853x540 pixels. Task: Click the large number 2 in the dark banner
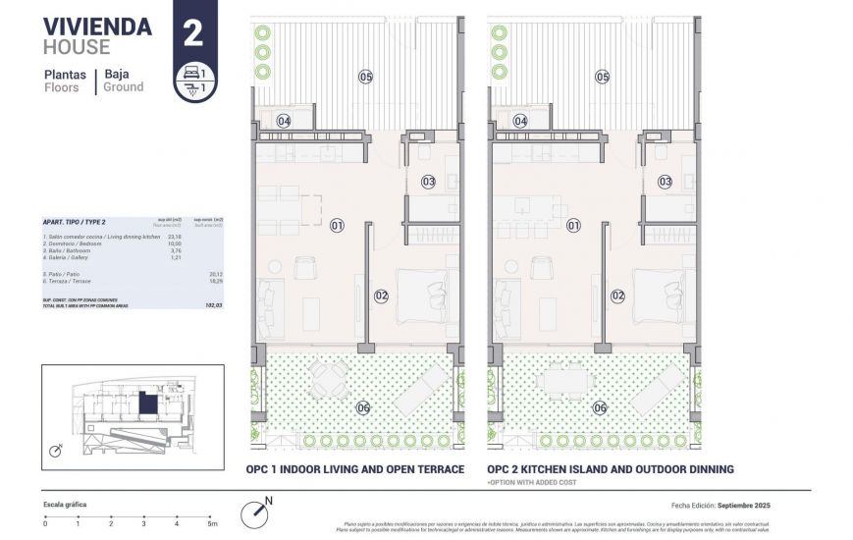pyautogui.click(x=192, y=33)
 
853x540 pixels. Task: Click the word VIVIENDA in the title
pyautogui.click(x=97, y=27)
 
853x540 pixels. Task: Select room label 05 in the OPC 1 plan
pyautogui.click(x=366, y=77)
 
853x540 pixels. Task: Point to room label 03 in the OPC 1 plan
pyautogui.click(x=428, y=182)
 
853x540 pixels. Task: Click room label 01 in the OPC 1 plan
pyautogui.click(x=338, y=226)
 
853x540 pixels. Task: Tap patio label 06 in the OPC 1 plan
pyautogui.click(x=362, y=408)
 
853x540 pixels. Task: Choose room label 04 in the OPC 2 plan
pyautogui.click(x=520, y=122)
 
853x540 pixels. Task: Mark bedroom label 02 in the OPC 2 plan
pyautogui.click(x=618, y=295)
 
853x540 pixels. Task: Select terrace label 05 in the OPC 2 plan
pyautogui.click(x=603, y=77)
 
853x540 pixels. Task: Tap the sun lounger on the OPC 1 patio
pyautogui.click(x=421, y=388)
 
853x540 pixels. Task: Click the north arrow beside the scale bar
pyautogui.click(x=256, y=510)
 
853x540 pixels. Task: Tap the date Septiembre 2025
pyautogui.click(x=743, y=505)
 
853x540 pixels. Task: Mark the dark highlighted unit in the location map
pyautogui.click(x=147, y=404)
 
